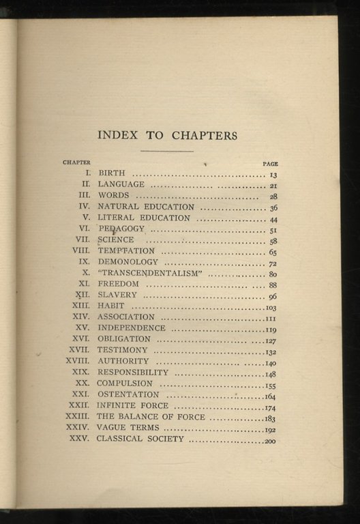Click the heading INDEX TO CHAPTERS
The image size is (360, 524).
pos(167,135)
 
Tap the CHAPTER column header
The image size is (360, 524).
pos(76,162)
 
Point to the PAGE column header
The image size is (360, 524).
pos(270,164)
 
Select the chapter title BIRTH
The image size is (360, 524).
pos(112,174)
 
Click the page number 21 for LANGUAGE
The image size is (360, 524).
pos(273,186)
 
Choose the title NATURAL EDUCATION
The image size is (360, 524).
pos(146,206)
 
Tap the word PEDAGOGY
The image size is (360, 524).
pos(121,229)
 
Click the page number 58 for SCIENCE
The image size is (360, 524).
pos(273,242)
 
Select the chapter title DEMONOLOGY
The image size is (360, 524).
pos(127,261)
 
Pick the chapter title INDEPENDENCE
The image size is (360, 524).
pos(132,328)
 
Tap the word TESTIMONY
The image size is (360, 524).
pos(123,350)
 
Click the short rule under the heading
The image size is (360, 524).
pos(167,151)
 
